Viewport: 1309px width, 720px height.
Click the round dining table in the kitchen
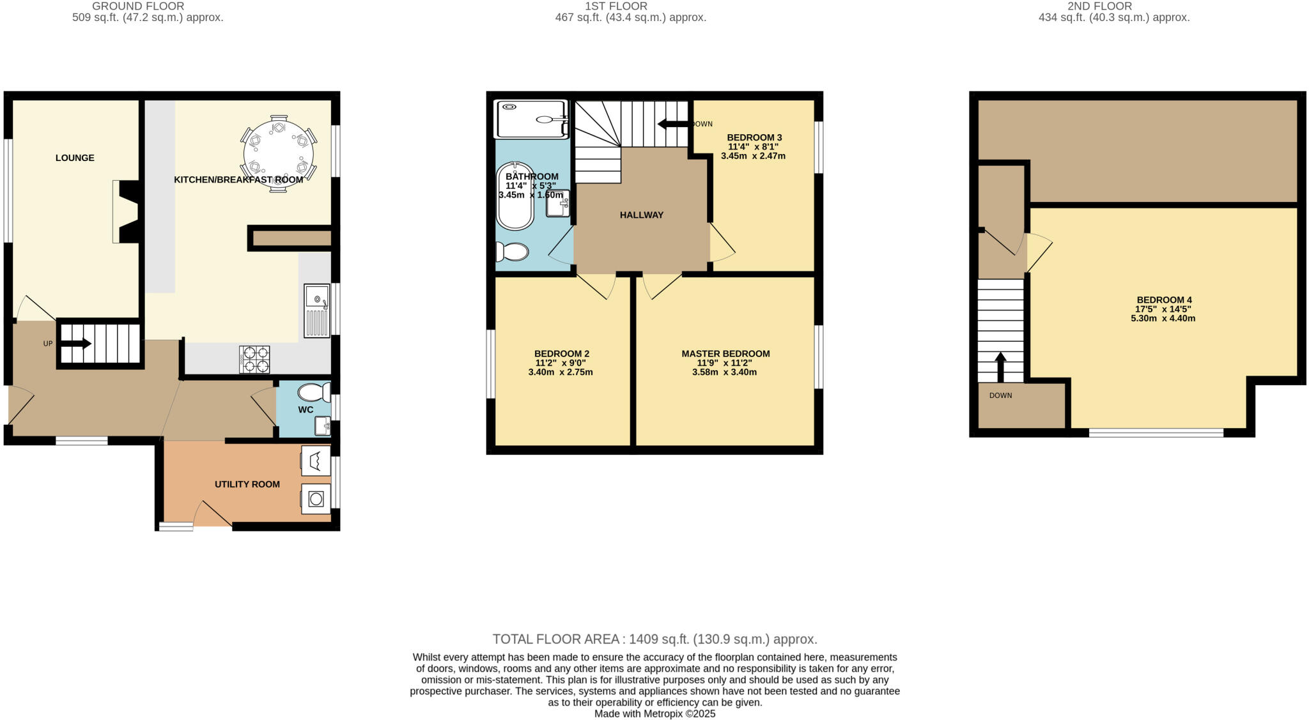279,153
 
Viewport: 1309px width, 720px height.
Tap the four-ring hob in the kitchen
254,359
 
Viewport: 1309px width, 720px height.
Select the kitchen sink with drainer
316,310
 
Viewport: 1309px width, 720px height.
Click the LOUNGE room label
75,158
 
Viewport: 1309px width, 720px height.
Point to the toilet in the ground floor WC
313,392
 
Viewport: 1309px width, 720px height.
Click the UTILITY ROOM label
247,484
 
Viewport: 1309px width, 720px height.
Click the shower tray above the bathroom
531,119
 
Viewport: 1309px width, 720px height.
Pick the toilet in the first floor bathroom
513,252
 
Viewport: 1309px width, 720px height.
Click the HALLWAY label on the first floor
642,215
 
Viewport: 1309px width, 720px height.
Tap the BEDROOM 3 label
754,137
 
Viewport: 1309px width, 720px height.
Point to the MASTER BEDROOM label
725,353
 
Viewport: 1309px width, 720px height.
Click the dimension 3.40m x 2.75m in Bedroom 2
561,372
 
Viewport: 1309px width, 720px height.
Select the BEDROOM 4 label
1164,300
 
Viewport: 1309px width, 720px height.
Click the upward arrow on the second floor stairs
1000,366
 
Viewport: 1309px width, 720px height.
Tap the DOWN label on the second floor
1000,395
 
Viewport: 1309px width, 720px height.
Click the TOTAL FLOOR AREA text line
654,639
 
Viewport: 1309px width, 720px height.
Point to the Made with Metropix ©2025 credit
654,714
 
